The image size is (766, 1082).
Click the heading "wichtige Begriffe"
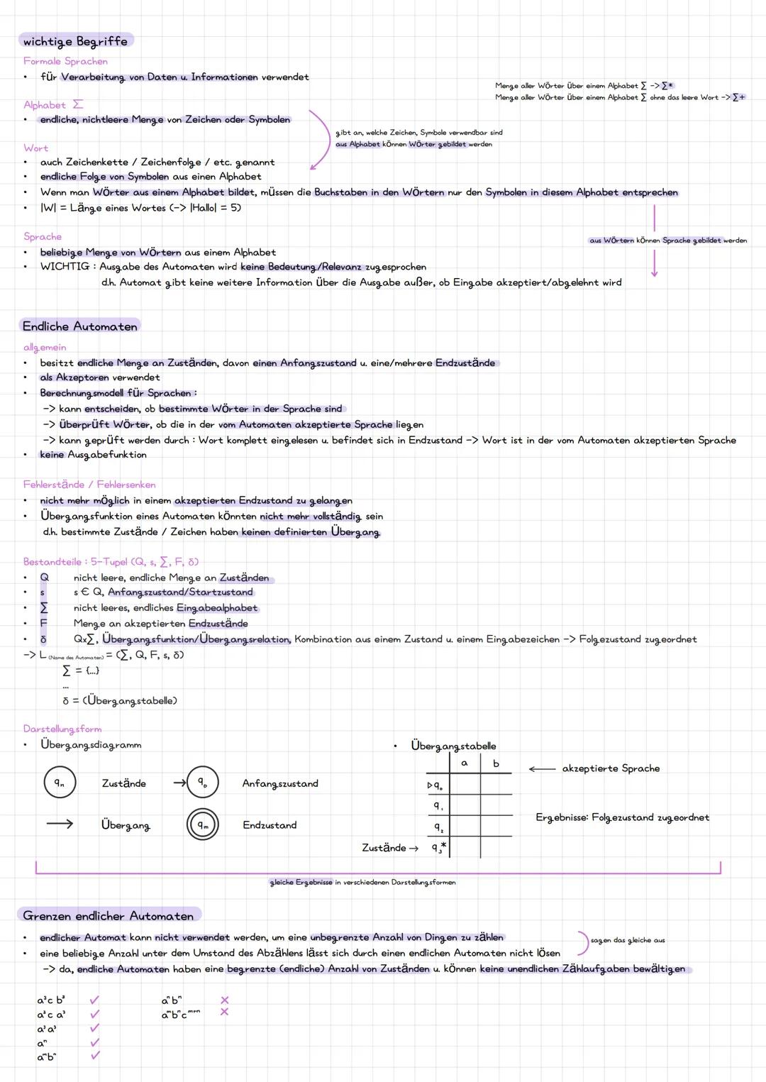pyautogui.click(x=75, y=41)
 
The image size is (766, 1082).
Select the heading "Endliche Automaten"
pyautogui.click(x=80, y=326)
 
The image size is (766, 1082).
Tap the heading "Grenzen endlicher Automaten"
pyautogui.click(x=108, y=916)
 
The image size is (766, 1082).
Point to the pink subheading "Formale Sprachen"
pyautogui.click(x=65, y=62)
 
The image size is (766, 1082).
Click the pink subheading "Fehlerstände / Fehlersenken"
pyautogui.click(x=89, y=485)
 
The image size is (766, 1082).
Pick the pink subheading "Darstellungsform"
pyautogui.click(x=62, y=729)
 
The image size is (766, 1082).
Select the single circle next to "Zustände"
pyautogui.click(x=60, y=783)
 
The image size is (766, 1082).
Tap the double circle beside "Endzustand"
pyautogui.click(x=202, y=825)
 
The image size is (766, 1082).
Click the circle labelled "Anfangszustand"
pyautogui.click(x=202, y=783)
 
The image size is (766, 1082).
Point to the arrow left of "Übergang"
pyautogui.click(x=60, y=824)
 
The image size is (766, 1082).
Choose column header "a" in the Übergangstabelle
pyautogui.click(x=465, y=763)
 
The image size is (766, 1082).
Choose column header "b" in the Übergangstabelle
pyautogui.click(x=496, y=763)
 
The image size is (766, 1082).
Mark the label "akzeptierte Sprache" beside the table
pyautogui.click(x=611, y=768)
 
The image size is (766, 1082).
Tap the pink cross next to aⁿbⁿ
pyautogui.click(x=224, y=1000)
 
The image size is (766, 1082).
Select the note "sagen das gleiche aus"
pyautogui.click(x=628, y=940)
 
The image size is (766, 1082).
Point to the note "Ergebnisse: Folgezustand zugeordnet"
pyautogui.click(x=622, y=817)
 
